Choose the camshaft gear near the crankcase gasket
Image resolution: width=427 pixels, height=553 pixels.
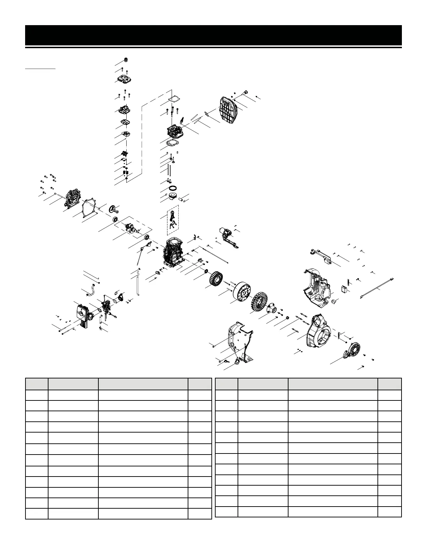pos(114,209)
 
